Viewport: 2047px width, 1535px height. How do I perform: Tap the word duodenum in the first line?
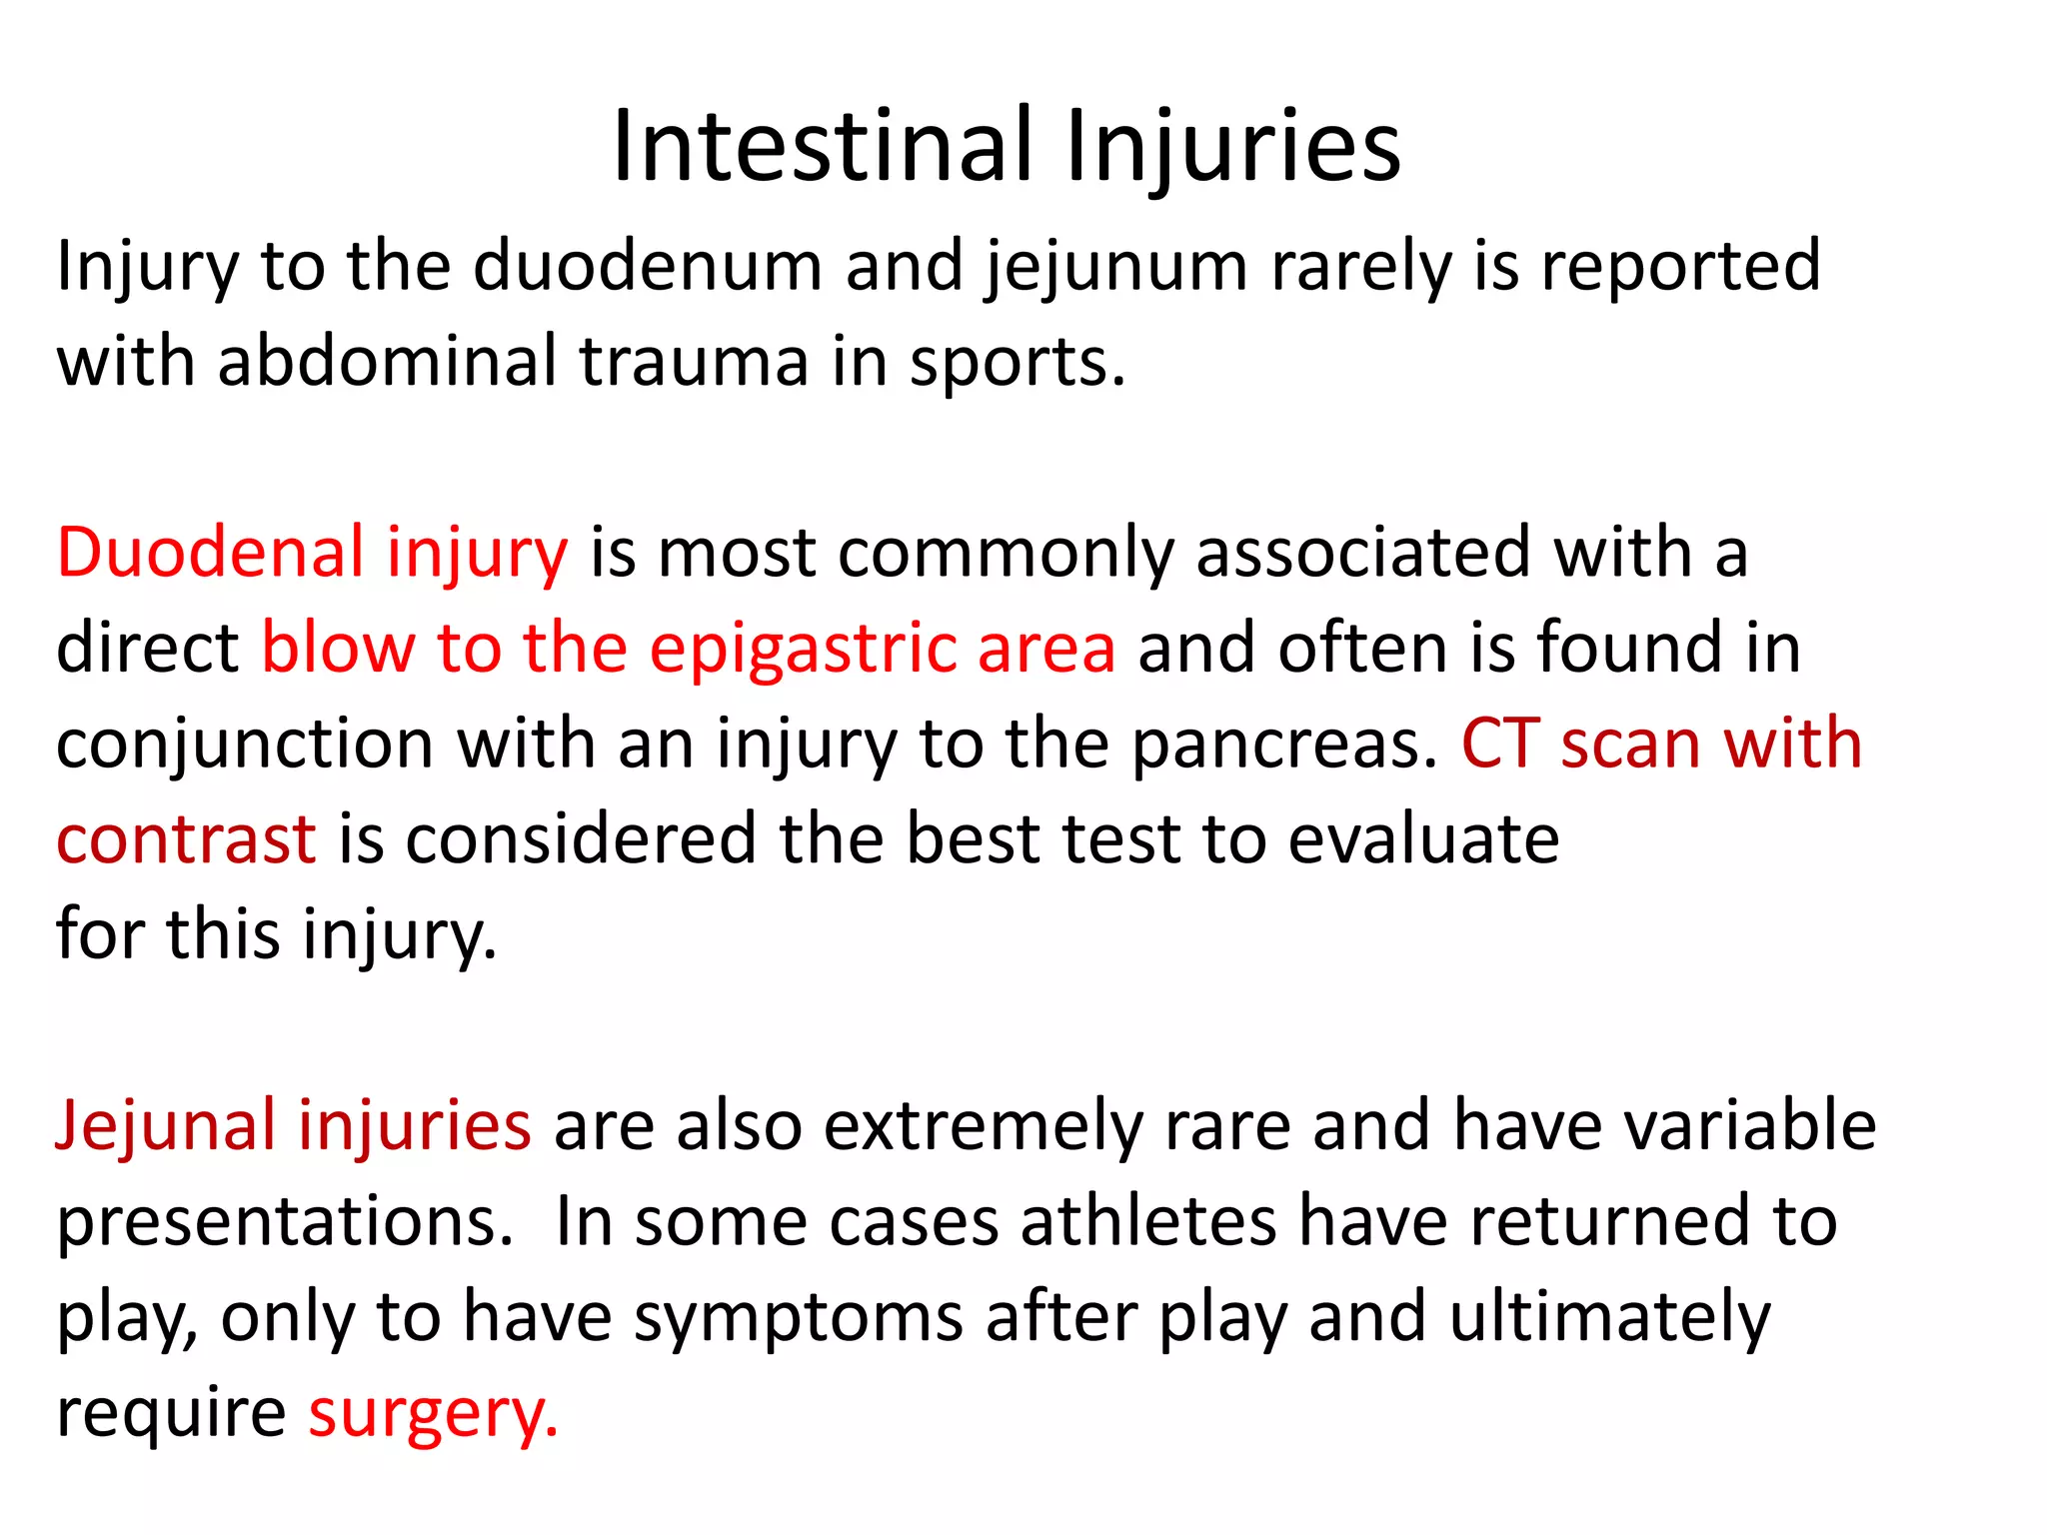pos(647,267)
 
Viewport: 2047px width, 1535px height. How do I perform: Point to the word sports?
pos(1016,362)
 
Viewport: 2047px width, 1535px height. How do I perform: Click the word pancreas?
pos(1284,745)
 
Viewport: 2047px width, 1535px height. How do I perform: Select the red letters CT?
pos(1499,745)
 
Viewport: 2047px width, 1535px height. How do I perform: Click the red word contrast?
pos(186,839)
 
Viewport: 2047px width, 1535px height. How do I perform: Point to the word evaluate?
pos(1423,839)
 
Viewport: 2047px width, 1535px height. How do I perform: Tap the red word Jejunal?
pos(164,1126)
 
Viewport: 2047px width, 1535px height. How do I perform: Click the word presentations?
pos(284,1222)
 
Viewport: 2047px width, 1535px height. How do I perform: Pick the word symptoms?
pos(799,1318)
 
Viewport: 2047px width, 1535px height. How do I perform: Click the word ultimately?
pos(1609,1318)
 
